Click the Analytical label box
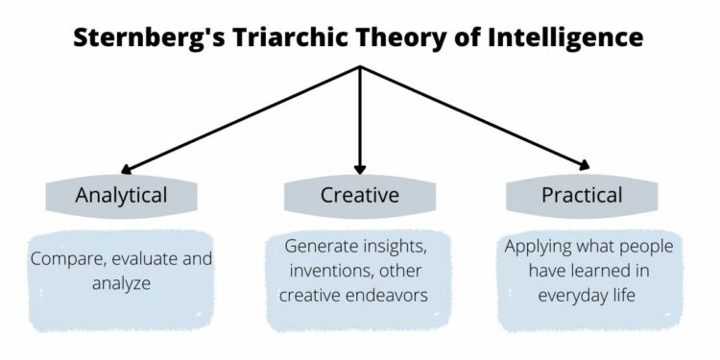point(121,195)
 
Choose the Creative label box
point(359,195)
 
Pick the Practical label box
point(582,195)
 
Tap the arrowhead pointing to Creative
point(360,167)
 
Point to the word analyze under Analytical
point(121,283)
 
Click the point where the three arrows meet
point(360,67)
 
